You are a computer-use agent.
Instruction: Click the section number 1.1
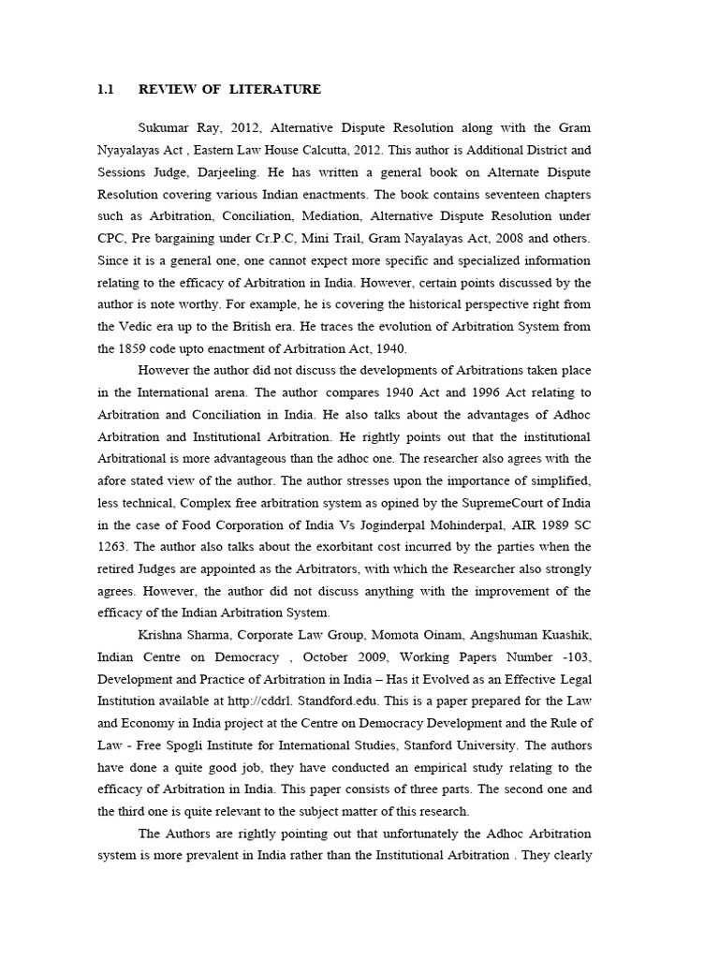105,90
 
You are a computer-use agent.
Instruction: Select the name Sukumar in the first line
164,127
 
